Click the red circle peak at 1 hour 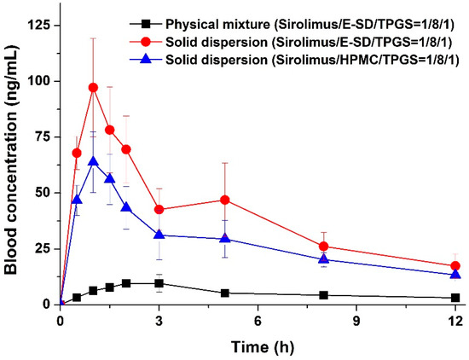[93, 88]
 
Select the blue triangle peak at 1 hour [93, 161]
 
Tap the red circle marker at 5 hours [225, 200]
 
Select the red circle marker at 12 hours [455, 266]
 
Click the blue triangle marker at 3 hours [159, 235]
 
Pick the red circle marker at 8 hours [324, 247]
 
